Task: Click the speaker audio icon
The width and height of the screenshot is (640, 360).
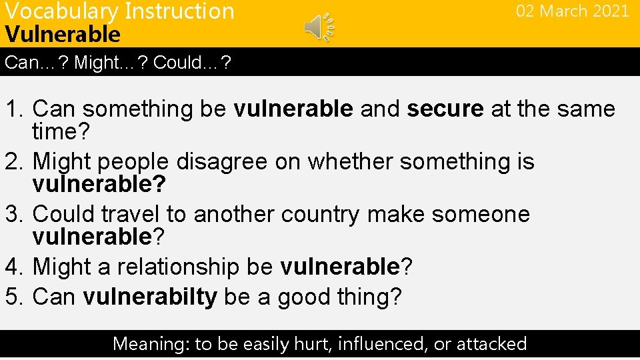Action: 319,27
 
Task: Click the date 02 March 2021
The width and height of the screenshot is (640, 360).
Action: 572,11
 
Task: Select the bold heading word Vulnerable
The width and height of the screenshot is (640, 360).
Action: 63,34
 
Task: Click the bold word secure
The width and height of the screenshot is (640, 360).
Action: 445,109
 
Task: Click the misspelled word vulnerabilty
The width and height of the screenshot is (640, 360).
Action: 150,297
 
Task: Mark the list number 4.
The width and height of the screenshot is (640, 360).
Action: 13,267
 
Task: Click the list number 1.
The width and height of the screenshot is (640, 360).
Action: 13,109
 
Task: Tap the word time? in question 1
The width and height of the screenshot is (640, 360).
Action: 61,132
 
